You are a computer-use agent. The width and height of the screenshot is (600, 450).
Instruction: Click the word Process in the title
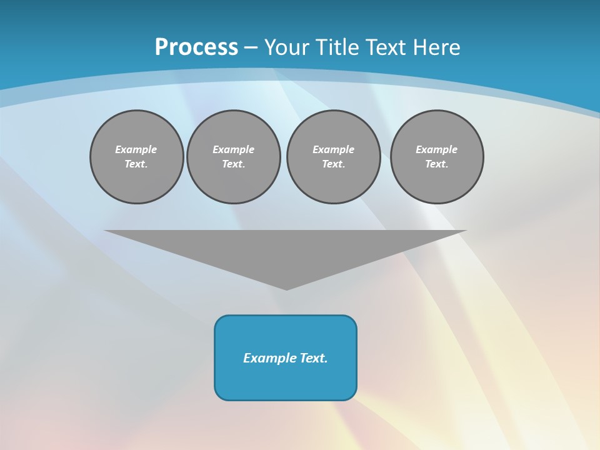click(x=196, y=47)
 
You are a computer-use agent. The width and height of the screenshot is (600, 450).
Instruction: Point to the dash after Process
click(x=251, y=47)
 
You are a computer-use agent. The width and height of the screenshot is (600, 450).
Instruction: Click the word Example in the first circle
click(x=136, y=149)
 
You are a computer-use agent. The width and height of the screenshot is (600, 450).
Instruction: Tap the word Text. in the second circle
click(x=234, y=164)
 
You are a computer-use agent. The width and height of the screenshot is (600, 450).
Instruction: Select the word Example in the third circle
click(x=334, y=149)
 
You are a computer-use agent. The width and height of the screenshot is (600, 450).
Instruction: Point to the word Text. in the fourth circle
click(x=437, y=164)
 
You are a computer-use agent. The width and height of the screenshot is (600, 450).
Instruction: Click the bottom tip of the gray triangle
click(x=286, y=289)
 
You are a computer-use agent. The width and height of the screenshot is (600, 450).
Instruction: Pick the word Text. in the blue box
click(x=314, y=358)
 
